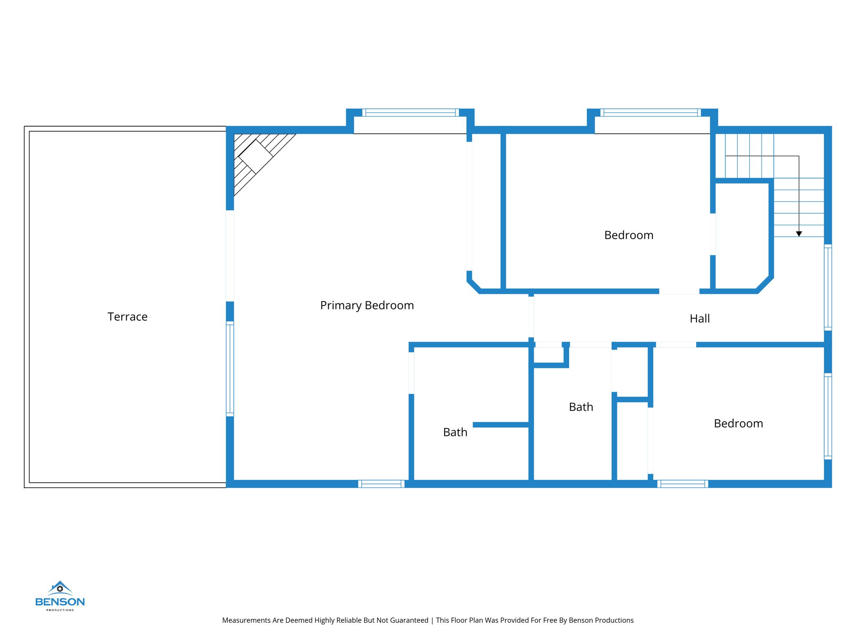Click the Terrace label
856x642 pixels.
point(127,317)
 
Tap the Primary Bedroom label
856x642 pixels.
point(367,306)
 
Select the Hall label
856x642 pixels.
point(699,319)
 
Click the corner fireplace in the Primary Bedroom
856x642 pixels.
point(255,156)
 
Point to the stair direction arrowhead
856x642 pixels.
point(799,234)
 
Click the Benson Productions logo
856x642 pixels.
point(60,596)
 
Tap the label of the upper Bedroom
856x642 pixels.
point(628,235)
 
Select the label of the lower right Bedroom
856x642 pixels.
point(738,424)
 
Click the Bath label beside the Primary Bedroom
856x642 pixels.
point(455,432)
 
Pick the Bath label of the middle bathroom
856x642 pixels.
point(581,407)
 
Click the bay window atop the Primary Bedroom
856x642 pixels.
point(410,112)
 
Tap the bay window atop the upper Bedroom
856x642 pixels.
point(650,112)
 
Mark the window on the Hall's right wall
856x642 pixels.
point(828,288)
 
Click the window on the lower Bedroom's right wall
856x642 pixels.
point(828,416)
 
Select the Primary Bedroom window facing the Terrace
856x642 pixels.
point(230,369)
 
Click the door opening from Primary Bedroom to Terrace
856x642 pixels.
point(230,256)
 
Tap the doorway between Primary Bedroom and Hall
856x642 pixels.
point(531,317)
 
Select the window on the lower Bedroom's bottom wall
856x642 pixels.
point(683,484)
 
